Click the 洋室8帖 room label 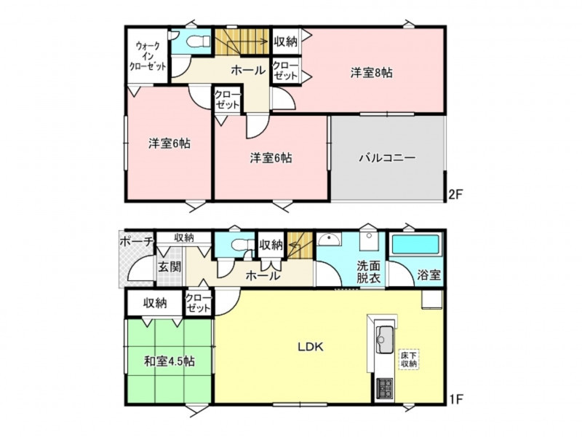click(x=372, y=72)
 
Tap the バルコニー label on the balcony click(x=387, y=158)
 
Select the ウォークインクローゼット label click(x=148, y=57)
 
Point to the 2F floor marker click(x=456, y=194)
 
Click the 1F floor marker click(x=456, y=399)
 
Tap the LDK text click(x=311, y=347)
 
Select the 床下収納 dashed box click(x=409, y=359)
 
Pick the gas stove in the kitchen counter click(x=386, y=388)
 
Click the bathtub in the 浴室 click(x=415, y=245)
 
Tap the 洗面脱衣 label click(x=369, y=272)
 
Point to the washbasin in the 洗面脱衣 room click(x=330, y=240)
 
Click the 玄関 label click(x=170, y=267)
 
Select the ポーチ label click(x=137, y=242)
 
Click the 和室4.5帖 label click(x=170, y=361)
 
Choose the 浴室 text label click(x=429, y=275)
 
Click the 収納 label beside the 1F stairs click(x=271, y=245)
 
